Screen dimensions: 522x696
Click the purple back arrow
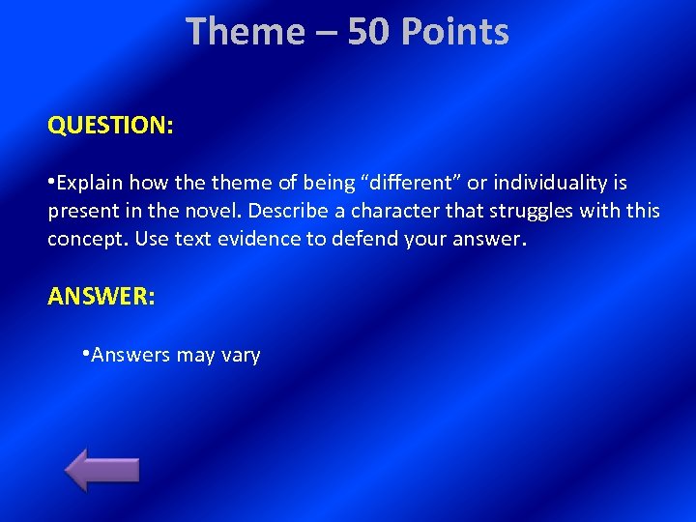tap(101, 470)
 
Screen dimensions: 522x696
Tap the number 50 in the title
tap(368, 32)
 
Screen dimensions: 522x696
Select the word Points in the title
tap(454, 32)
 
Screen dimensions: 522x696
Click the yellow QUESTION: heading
tap(110, 126)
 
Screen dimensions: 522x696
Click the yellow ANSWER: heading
tap(101, 297)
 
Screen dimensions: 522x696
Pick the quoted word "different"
tap(410, 184)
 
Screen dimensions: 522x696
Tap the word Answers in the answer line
tap(130, 355)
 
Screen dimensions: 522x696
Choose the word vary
tap(241, 355)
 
